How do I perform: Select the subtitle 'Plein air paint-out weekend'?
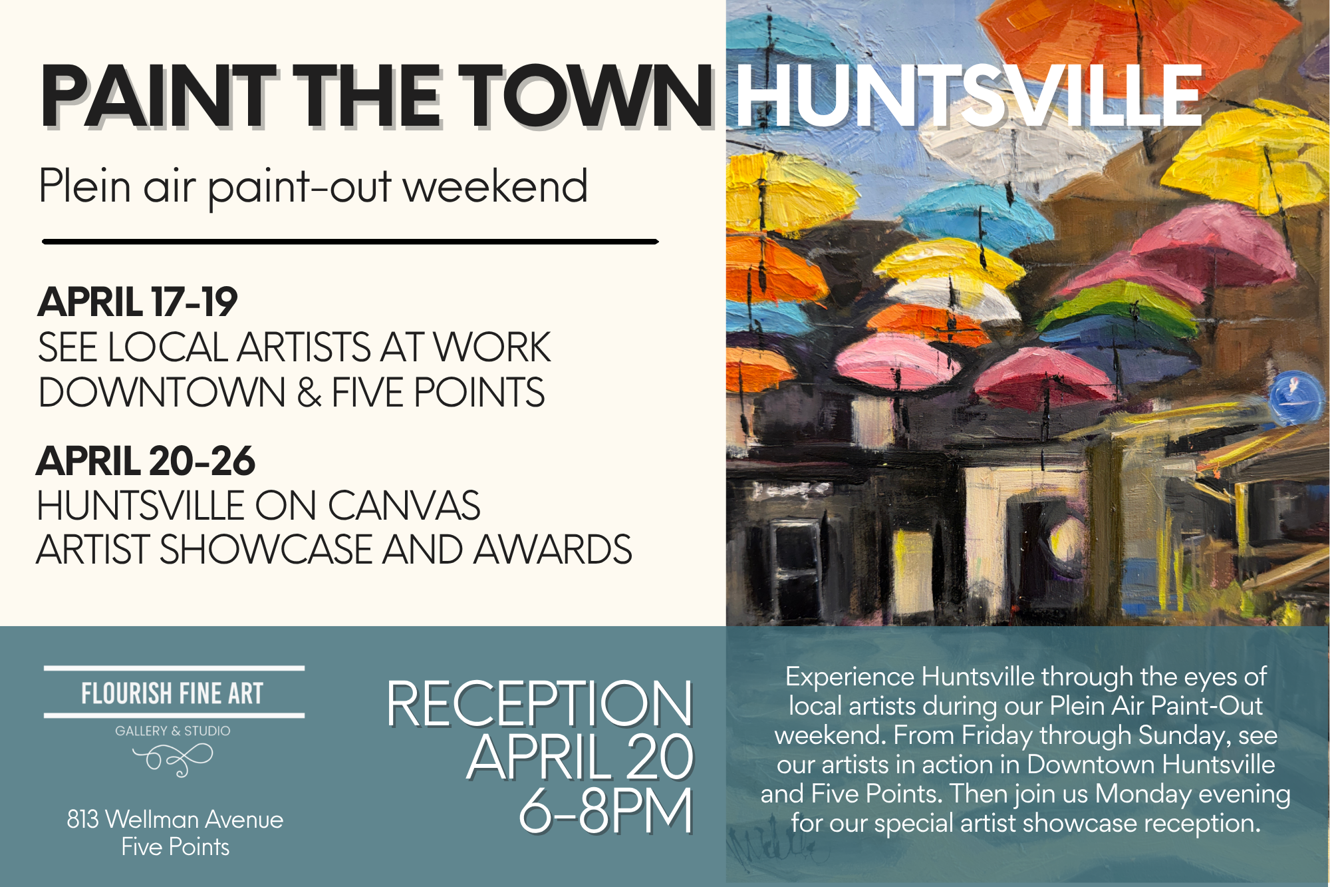point(313,186)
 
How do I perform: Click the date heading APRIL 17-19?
point(138,302)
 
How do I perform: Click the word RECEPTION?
point(539,704)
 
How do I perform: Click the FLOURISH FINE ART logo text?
point(173,693)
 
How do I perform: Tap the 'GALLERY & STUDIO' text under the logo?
point(173,731)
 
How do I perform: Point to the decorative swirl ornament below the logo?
point(173,759)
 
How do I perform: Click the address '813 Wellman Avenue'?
point(175,819)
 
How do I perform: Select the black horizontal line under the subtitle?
point(350,242)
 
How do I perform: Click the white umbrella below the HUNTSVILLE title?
point(997,143)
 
